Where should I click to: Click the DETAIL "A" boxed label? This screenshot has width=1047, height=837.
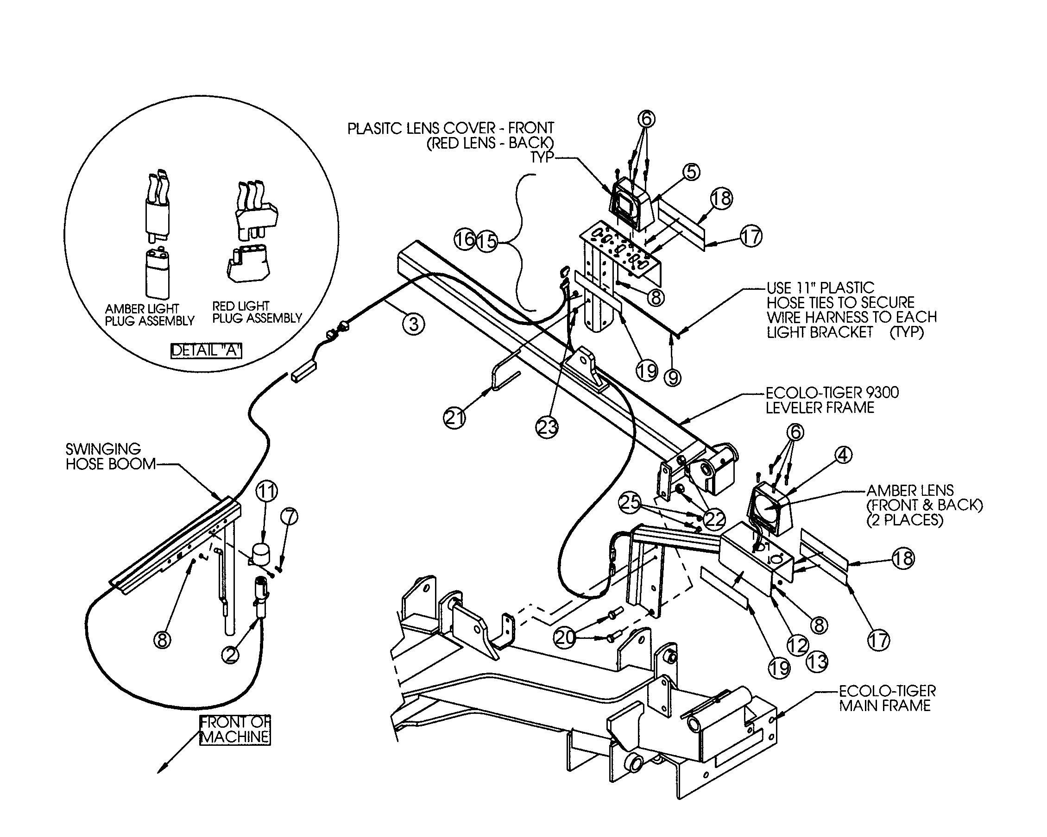coord(206,350)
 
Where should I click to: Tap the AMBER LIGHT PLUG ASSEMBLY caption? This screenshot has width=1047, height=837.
coord(149,315)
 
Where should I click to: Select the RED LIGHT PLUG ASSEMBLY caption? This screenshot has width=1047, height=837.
coord(257,312)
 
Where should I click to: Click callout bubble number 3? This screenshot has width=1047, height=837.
coord(413,324)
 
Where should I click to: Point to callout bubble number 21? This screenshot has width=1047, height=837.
coord(454,418)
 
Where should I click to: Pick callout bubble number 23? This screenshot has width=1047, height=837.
coord(547,427)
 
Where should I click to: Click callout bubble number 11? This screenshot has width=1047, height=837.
coord(266,492)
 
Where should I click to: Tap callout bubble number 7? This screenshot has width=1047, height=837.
coord(290,517)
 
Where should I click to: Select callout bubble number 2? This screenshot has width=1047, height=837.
coord(230,655)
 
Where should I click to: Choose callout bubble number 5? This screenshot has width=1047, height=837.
coord(692,172)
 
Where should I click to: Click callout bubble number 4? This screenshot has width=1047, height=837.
coord(843,455)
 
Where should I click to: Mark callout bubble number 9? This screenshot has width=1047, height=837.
coord(673,377)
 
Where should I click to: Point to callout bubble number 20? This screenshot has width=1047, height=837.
coord(565,637)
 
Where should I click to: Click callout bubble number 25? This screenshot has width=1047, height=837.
coord(630,502)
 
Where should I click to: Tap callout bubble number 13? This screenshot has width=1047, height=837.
coord(817,662)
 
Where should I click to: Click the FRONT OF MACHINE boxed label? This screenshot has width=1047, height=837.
coord(235,730)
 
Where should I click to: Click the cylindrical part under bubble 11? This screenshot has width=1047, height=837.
coord(263,554)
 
